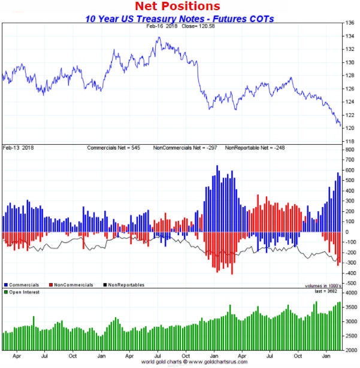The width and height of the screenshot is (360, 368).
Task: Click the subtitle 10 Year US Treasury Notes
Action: (179, 19)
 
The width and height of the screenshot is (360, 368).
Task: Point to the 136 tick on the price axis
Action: (350, 23)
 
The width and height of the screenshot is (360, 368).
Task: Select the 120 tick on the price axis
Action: (350, 128)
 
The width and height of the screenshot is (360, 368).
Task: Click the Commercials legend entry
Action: (22, 285)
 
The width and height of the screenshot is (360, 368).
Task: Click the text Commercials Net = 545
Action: (116, 147)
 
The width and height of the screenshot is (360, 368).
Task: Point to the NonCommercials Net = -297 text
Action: (181, 147)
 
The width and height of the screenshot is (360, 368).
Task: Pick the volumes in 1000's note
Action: (322, 285)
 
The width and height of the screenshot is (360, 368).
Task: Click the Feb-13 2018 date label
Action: (17, 147)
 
